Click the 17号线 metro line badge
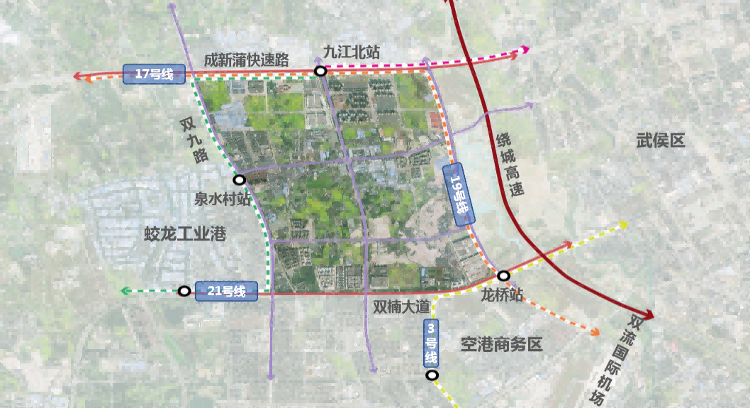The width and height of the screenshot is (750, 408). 154,74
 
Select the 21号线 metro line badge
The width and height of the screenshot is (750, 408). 225,291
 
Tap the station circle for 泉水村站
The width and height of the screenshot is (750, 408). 239,180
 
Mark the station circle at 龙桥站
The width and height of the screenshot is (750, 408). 503,275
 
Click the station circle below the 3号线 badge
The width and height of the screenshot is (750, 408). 432,375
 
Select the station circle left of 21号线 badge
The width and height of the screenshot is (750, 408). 184,291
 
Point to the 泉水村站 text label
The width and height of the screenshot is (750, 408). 223,199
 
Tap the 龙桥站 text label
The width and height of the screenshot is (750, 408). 502,294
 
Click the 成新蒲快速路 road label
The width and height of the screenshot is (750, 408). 246,60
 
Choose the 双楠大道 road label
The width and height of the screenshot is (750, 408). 401,307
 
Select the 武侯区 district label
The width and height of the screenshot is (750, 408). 660,140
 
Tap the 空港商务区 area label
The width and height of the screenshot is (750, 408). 501,345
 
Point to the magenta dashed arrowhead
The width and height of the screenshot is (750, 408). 525,50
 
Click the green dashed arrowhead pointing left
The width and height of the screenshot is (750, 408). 125,291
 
